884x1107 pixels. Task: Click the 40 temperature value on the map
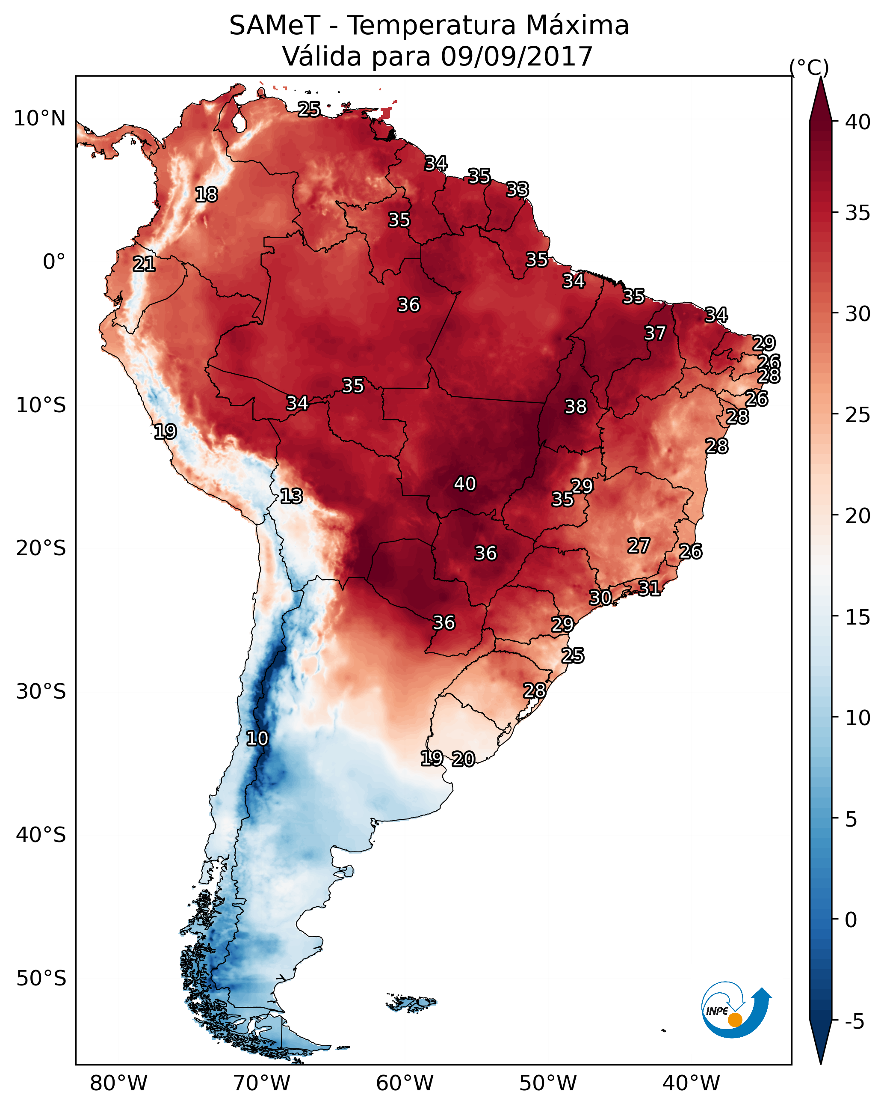point(465,484)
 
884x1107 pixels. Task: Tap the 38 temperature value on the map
point(576,407)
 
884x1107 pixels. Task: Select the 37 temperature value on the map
point(655,333)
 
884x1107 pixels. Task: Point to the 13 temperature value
point(291,496)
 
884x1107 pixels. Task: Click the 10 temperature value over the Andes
point(257,738)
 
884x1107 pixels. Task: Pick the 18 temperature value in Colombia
point(206,195)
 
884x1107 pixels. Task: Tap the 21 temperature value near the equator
point(144,264)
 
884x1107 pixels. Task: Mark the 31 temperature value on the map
point(649,588)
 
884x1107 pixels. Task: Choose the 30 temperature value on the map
point(600,597)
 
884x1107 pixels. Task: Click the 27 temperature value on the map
point(639,546)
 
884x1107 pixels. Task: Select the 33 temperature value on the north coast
point(517,190)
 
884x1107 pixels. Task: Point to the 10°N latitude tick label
point(39,119)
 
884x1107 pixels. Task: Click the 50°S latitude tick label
point(41,978)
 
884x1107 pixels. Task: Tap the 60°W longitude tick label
point(405,1083)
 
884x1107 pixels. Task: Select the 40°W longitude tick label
point(691,1083)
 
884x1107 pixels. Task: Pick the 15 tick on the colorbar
point(858,617)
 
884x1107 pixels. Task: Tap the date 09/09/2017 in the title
point(516,56)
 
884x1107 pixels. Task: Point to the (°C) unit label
point(809,67)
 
